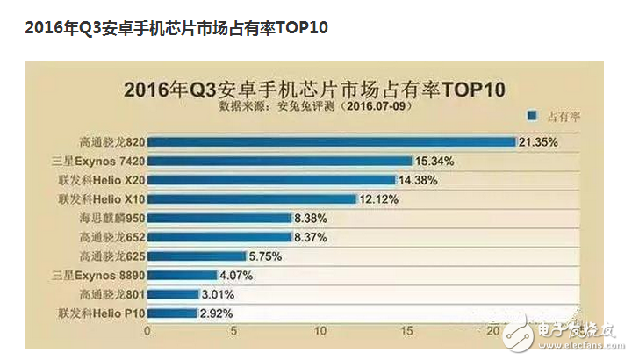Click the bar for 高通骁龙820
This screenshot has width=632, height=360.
(331, 141)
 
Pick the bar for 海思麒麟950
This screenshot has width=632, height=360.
(219, 218)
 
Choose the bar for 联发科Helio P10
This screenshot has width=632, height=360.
(172, 313)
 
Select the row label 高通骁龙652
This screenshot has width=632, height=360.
(111, 236)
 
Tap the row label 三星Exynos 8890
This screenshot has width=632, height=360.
(101, 275)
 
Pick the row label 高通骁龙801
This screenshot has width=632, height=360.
(111, 294)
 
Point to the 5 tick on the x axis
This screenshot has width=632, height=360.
(235, 331)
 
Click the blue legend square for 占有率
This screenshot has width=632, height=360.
(532, 115)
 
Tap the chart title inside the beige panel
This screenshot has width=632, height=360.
(316, 89)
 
